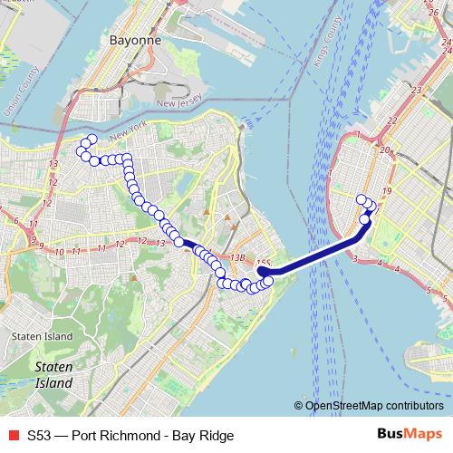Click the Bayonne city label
coord(134,41)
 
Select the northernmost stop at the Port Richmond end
coord(92,139)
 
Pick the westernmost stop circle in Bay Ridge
coord(361,199)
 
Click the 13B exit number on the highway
coord(237,258)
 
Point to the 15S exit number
coord(263,264)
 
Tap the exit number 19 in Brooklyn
coord(387,191)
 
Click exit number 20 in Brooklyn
coord(384,150)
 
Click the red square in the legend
coord(12,436)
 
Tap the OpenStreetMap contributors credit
coord(374,405)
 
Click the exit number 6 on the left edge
coord(15,221)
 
